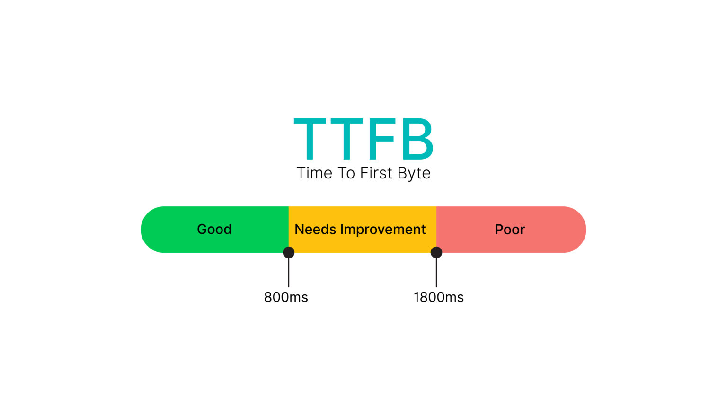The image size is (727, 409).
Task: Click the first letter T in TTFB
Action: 310,139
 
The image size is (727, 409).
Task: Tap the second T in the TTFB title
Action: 346,139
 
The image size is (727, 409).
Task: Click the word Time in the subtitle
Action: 314,173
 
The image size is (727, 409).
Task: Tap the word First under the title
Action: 376,173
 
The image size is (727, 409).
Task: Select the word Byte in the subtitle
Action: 414,174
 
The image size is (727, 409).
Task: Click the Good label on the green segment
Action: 214,229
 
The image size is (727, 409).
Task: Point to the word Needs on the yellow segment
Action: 315,229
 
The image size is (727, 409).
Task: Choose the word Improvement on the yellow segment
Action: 382,230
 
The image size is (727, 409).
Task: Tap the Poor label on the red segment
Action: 510,230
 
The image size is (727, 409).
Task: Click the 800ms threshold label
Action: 285,297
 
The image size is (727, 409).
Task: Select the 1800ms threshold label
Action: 438,297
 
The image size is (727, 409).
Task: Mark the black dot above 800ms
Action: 289,252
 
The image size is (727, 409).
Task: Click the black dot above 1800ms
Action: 436,252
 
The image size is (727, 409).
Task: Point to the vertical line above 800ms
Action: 289,273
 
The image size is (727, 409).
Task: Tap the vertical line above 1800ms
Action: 436,273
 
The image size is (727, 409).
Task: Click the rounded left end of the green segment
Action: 148,230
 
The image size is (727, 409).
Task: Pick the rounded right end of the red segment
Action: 579,230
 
